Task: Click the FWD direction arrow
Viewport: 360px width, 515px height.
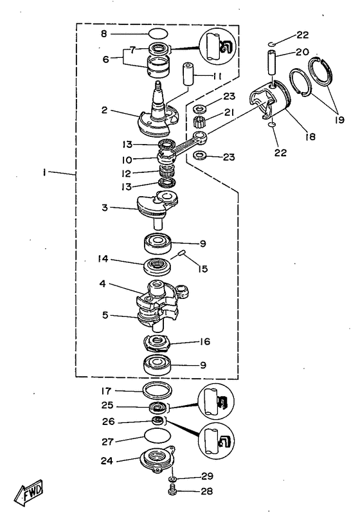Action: coord(29,492)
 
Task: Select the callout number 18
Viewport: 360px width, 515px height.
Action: coord(310,136)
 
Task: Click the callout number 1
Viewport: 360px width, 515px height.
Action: coord(44,172)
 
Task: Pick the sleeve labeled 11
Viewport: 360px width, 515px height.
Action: coord(188,75)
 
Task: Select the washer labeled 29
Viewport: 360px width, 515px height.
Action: coord(172,478)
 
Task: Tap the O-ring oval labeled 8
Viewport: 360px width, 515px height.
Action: coord(158,34)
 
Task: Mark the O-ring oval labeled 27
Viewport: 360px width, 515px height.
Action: coord(157,436)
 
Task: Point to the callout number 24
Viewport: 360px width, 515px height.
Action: coord(107,461)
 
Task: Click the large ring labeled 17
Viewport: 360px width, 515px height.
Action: coord(157,390)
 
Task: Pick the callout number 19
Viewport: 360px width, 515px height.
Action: coord(339,120)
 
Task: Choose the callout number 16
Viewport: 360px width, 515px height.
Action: coord(204,342)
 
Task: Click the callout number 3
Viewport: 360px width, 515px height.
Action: coord(104,207)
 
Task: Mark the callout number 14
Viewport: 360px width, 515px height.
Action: coord(103,259)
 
